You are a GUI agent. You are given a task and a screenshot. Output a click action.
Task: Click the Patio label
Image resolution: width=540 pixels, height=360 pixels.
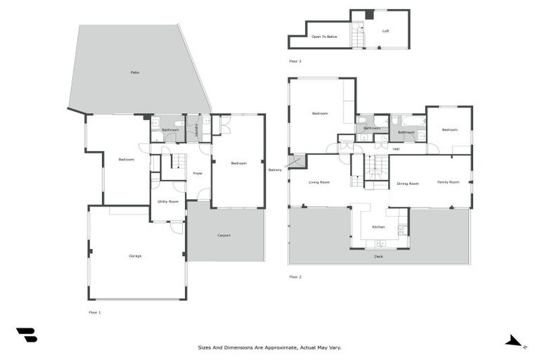(134, 72)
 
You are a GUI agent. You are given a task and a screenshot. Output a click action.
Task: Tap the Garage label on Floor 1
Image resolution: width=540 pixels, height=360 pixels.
(135, 256)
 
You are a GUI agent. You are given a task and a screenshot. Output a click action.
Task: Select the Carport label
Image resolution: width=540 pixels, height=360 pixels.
(224, 236)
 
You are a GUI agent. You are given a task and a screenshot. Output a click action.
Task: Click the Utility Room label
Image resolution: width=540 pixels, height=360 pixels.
(167, 202)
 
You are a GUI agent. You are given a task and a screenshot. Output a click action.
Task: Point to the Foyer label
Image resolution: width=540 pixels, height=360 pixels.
(198, 173)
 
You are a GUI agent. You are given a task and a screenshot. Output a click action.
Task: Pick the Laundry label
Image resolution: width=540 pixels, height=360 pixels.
(196, 129)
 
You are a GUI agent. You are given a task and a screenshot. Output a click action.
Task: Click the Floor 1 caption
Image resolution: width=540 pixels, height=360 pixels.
(94, 311)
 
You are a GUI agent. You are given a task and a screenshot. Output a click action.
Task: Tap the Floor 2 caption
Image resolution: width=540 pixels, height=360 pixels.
(295, 277)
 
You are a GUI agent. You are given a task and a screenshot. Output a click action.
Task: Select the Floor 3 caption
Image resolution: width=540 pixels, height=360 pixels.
(295, 61)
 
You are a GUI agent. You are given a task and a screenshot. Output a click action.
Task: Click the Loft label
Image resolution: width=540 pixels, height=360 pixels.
(385, 31)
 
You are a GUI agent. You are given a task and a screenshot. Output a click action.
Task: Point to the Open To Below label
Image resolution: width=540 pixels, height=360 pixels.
(324, 36)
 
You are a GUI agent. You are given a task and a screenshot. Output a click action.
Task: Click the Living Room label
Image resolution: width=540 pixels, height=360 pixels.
(319, 182)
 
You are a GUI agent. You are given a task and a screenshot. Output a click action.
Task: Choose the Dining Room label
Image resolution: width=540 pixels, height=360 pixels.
(408, 184)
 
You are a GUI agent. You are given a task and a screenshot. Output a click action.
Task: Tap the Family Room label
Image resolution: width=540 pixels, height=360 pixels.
(448, 182)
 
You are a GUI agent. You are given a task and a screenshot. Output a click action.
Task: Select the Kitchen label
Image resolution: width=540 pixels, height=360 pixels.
(378, 227)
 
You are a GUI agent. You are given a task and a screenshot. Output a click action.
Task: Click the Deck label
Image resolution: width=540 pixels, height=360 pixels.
(379, 257)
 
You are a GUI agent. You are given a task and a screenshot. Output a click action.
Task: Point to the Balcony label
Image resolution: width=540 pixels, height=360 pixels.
(275, 170)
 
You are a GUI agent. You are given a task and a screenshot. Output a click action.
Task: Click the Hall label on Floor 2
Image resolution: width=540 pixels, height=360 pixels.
(396, 149)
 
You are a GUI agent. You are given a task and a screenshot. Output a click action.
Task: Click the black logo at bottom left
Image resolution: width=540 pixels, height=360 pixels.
(27, 335)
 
